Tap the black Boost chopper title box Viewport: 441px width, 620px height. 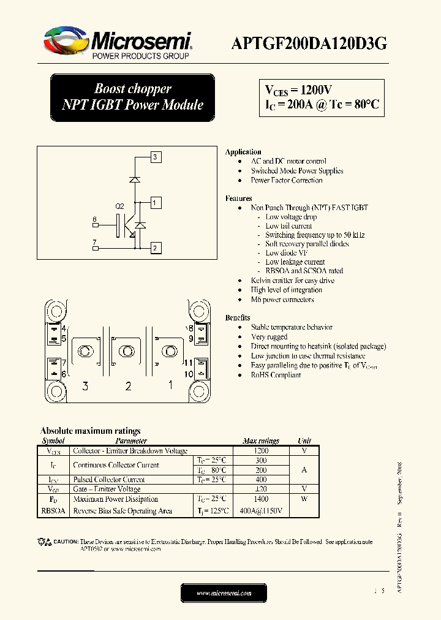click(x=132, y=97)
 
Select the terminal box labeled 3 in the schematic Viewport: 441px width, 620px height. click(x=156, y=157)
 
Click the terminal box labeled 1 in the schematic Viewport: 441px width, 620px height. click(x=156, y=203)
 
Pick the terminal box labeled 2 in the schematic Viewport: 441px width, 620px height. click(x=156, y=248)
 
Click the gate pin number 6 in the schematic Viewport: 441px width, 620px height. click(x=94, y=219)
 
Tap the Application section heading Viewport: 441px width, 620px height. click(x=243, y=152)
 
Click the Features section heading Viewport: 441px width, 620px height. click(x=238, y=198)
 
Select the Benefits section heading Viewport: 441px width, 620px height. click(x=238, y=318)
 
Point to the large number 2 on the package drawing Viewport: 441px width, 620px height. click(x=128, y=386)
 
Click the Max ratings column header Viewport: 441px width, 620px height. click(x=261, y=440)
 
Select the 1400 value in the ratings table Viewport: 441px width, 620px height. click(x=261, y=499)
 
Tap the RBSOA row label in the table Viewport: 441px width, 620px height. click(x=54, y=510)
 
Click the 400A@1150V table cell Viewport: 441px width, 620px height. click(x=262, y=510)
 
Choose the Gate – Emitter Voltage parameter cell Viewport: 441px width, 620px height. click(x=107, y=489)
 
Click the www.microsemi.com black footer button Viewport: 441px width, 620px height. click(x=224, y=593)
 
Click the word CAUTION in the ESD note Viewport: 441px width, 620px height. click(x=66, y=542)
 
